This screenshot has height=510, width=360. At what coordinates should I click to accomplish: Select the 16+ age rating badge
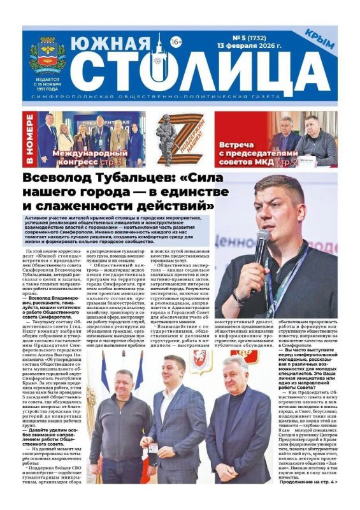point(176,42)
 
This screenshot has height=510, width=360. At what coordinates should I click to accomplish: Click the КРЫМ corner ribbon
point(319,39)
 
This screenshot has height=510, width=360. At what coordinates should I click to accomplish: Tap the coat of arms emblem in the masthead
point(47,54)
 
